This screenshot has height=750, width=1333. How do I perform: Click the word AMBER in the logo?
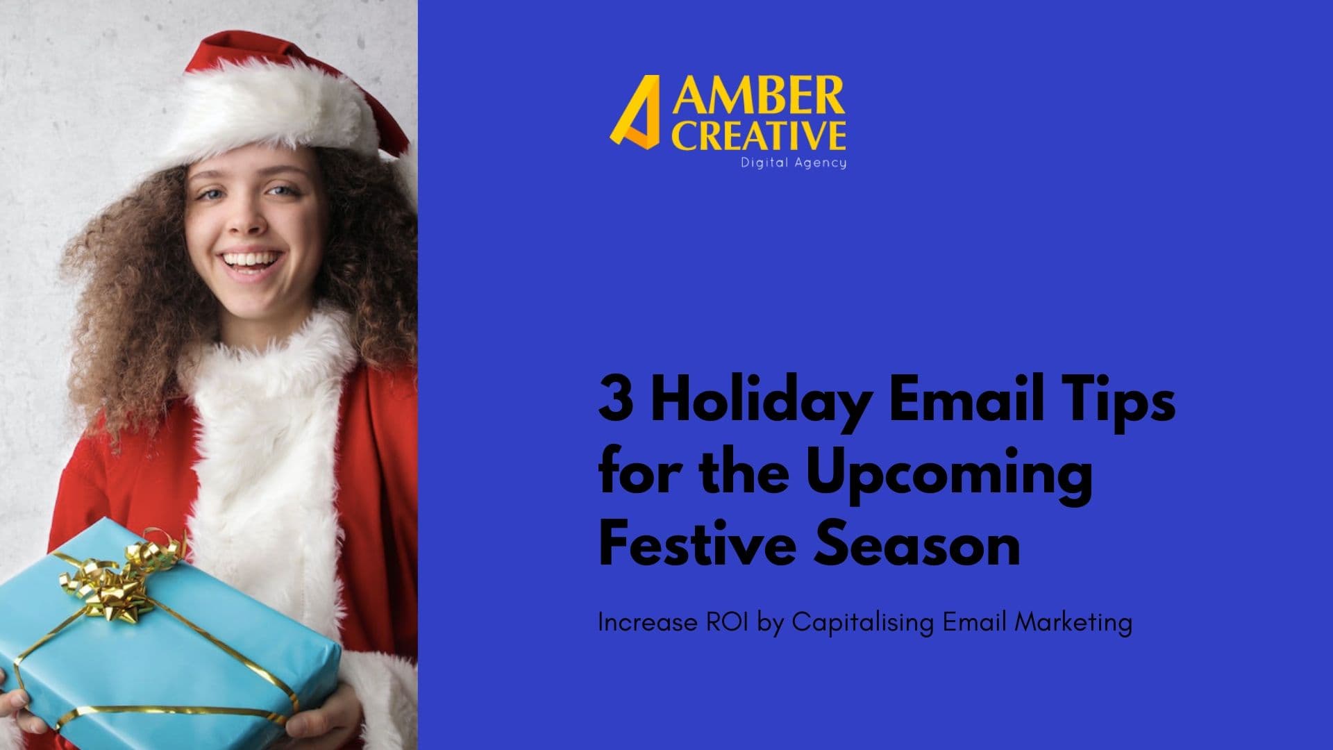(x=758, y=97)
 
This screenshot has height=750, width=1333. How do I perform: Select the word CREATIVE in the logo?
(x=761, y=135)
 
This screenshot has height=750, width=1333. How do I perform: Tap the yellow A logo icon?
(x=635, y=112)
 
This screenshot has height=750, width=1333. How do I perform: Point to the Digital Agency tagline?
(x=794, y=162)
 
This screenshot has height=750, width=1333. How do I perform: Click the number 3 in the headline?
(x=615, y=401)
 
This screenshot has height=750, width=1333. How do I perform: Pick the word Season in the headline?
(x=917, y=546)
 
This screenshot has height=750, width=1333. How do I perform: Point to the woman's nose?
(x=247, y=219)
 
